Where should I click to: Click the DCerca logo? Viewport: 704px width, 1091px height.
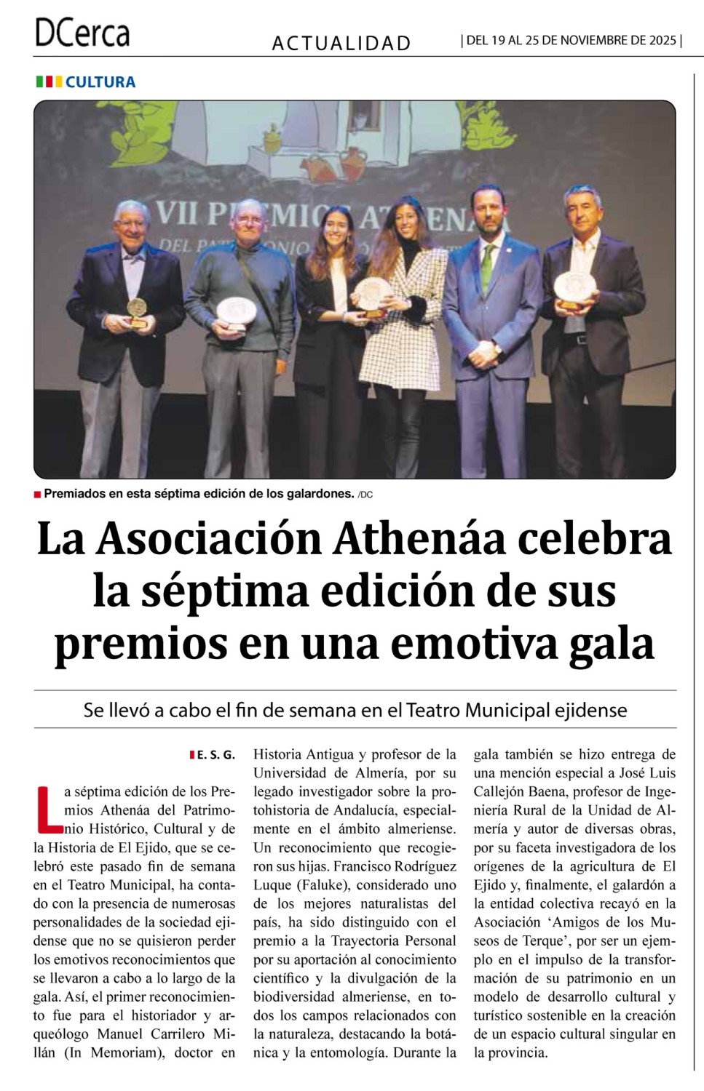coord(82,33)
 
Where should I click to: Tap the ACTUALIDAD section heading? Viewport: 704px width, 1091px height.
coord(341,44)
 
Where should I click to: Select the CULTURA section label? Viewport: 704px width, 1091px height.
coord(100,82)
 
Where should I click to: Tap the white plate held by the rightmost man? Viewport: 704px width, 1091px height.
coord(574,287)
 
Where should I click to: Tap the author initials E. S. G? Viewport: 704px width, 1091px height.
coord(216,756)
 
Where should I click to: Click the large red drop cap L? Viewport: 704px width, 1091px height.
coord(49,807)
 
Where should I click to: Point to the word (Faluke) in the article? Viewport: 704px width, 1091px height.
coord(323,885)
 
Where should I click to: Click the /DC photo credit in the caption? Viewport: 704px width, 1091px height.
coord(365,495)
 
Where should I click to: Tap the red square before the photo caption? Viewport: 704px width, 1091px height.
coord(37,495)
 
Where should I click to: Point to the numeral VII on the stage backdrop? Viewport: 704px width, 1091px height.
coord(177,213)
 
